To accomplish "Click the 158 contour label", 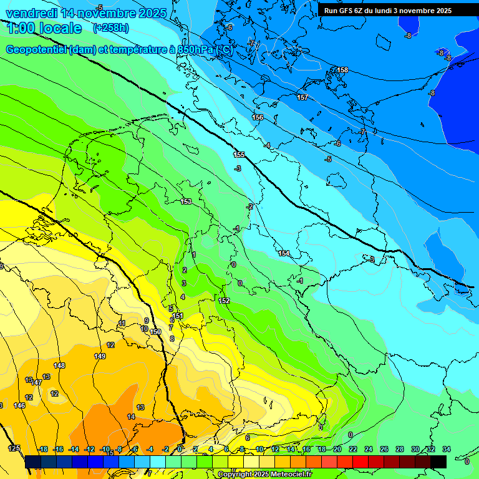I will [x=342, y=70].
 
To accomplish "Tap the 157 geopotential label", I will [x=302, y=97].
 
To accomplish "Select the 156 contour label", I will [x=258, y=117].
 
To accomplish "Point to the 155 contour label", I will [x=239, y=155].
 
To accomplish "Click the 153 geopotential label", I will [x=186, y=201].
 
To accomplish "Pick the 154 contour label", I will [x=284, y=253].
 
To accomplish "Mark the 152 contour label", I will [x=225, y=301].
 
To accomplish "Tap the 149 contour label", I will [x=100, y=356].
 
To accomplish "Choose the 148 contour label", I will [x=59, y=365].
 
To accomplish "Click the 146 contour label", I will [x=19, y=405].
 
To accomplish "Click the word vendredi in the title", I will [x=31, y=13].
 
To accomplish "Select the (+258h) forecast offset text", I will [x=110, y=28].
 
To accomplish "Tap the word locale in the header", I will [x=60, y=28].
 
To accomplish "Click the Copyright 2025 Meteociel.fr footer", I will [x=264, y=475].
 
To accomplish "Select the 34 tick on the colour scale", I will [x=446, y=449].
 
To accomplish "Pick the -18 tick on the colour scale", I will [x=43, y=449].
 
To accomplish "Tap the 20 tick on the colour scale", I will [x=337, y=449].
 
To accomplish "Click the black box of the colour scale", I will [x=438, y=462].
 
